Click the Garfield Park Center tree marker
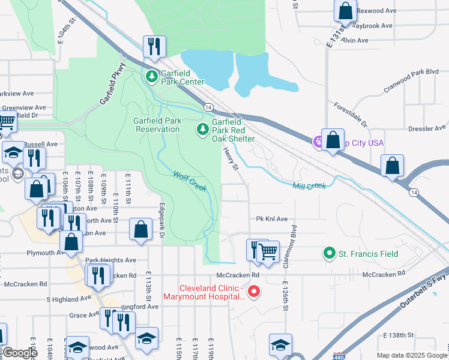(152, 76)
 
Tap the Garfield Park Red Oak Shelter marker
(203, 129)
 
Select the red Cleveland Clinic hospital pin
(254, 292)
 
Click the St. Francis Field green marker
(329, 254)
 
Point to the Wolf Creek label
(190, 181)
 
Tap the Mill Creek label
(309, 186)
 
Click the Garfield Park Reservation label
(157, 125)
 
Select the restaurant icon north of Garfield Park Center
(154, 47)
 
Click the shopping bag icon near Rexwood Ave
(345, 10)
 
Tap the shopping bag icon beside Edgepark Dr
(140, 229)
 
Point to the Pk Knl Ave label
(272, 220)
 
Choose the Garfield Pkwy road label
(112, 85)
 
